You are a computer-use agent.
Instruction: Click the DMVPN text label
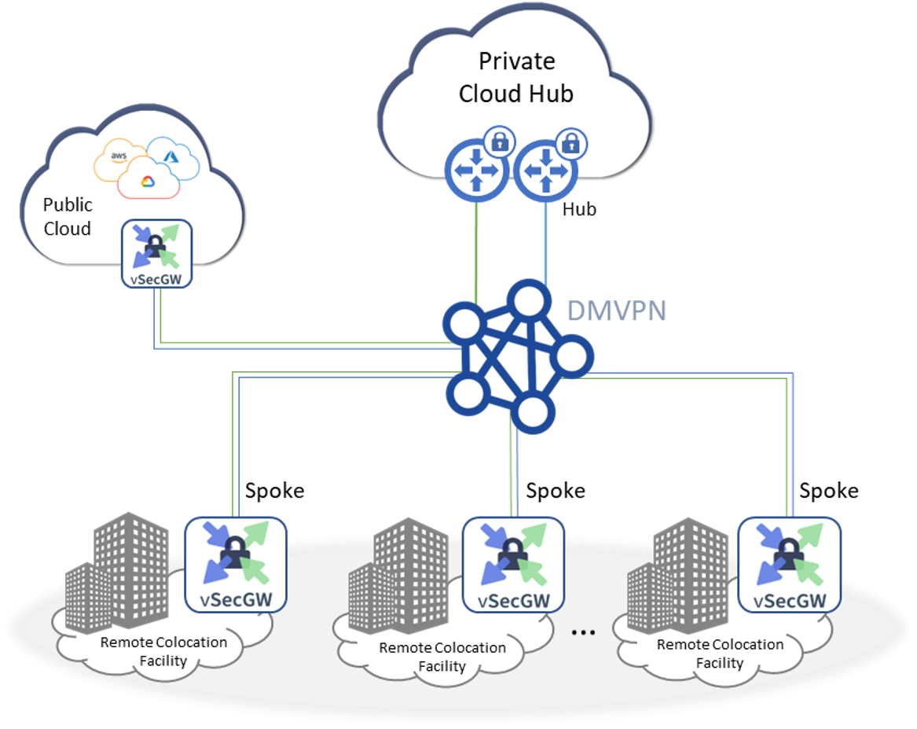point(617,311)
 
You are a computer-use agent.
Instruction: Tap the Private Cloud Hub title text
point(516,78)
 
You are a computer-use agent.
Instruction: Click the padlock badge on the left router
point(498,142)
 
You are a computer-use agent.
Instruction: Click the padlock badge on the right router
point(568,142)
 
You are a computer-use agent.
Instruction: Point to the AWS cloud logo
point(119,156)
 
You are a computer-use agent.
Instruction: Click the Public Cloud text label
point(67,216)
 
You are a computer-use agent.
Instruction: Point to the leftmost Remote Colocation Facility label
point(163,651)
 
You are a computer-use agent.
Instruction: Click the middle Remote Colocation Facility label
point(442,657)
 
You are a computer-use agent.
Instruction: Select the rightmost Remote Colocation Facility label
point(720,654)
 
